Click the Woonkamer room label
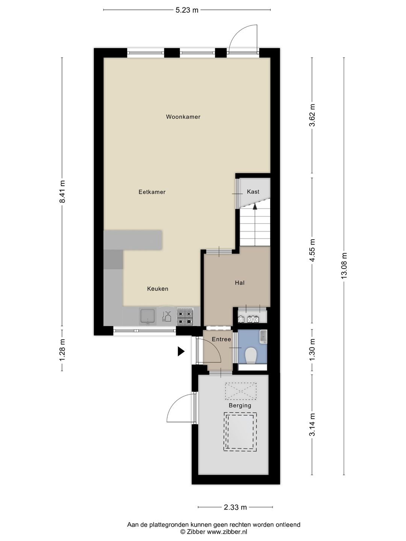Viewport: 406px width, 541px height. click(183, 117)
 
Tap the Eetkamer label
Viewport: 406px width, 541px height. click(152, 192)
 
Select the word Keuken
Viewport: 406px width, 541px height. click(158, 289)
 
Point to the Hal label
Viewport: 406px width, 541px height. click(239, 283)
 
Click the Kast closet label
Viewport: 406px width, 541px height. click(253, 192)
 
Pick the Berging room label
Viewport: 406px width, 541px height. click(240, 405)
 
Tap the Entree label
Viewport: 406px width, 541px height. click(221, 339)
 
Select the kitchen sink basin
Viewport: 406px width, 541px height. click(147, 316)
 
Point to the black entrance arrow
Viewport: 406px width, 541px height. click(181, 352)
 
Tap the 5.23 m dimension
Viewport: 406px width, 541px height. click(187, 10)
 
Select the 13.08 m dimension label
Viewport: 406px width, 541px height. click(344, 266)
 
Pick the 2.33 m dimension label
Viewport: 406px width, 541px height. click(235, 507)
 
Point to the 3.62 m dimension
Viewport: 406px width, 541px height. click(312, 115)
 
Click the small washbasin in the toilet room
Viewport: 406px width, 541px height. click(264, 337)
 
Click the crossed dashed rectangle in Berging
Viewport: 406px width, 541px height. click(241, 391)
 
